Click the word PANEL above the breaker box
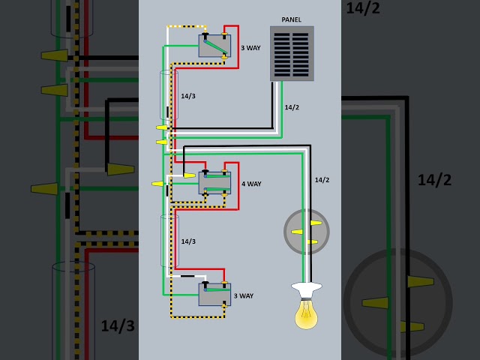pos(292,20)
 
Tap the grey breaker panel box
pos(292,53)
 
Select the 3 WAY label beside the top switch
pos(250,48)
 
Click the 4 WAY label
pos(251,184)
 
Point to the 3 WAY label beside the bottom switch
pos(244,296)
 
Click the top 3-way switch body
pos(214,46)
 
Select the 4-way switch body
pos(214,183)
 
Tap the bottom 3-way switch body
pos(214,295)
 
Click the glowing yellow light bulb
pos(307,313)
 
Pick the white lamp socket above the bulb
pos(307,290)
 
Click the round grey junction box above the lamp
pos(307,232)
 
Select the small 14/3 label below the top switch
pos(188,96)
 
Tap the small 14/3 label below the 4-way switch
pos(188,241)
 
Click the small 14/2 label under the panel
pos(292,107)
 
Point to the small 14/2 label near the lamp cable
pos(322,180)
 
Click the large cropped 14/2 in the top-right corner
pos(363,7)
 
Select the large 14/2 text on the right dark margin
pos(434,180)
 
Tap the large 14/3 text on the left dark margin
pos(118,325)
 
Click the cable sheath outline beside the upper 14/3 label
pos(160,95)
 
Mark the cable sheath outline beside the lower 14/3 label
pos(161,240)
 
